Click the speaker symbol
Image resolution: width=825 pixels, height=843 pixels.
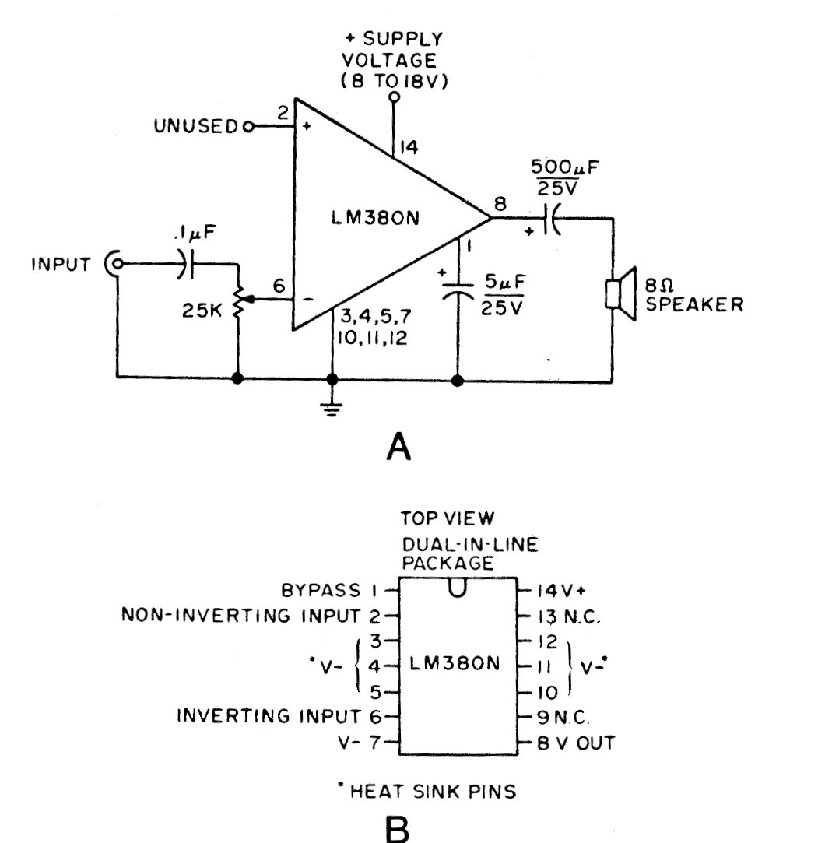pyautogui.click(x=621, y=293)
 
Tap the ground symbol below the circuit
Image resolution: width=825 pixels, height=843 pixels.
pyautogui.click(x=332, y=409)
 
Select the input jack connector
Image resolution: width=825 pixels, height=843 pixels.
pyautogui.click(x=114, y=263)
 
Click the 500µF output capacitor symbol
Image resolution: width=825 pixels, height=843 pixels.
pyautogui.click(x=552, y=218)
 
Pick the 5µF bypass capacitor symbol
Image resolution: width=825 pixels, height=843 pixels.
pyautogui.click(x=458, y=290)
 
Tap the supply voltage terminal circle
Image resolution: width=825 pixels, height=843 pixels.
pyautogui.click(x=394, y=97)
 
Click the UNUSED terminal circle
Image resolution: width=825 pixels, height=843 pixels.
pyautogui.click(x=247, y=127)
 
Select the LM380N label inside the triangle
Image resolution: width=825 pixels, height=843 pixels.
pyautogui.click(x=374, y=218)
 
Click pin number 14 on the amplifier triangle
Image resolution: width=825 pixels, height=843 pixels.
pyautogui.click(x=409, y=147)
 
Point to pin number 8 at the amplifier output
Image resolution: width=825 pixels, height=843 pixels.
pyautogui.click(x=500, y=204)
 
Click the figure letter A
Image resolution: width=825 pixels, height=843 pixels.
pyautogui.click(x=398, y=448)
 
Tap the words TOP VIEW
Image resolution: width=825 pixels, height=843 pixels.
pyautogui.click(x=448, y=518)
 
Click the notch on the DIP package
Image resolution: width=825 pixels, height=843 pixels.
pyautogui.click(x=458, y=587)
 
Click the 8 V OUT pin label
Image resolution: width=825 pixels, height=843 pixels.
pyautogui.click(x=576, y=743)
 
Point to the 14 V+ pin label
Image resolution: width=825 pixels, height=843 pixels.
pyautogui.click(x=562, y=591)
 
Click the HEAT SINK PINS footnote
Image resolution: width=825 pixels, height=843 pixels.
pyautogui.click(x=427, y=792)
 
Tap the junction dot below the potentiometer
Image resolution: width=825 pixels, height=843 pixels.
pyautogui.click(x=237, y=378)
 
